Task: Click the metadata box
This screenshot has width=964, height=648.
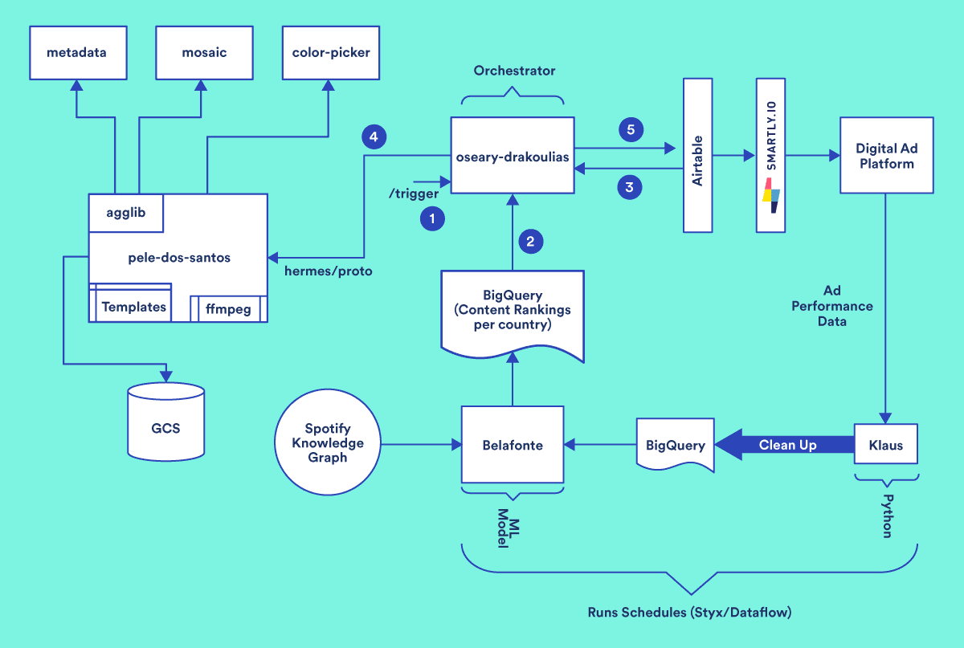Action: pyautogui.click(x=76, y=52)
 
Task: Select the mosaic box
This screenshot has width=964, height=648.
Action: pyautogui.click(x=203, y=52)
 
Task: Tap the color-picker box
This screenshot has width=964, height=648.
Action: pyautogui.click(x=330, y=52)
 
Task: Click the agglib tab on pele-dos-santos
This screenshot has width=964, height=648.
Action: pyautogui.click(x=126, y=213)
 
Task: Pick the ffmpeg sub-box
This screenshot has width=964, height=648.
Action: pyautogui.click(x=227, y=308)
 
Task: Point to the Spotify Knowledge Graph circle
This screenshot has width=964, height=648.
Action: pyautogui.click(x=328, y=443)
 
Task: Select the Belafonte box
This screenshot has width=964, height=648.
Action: pyautogui.click(x=512, y=445)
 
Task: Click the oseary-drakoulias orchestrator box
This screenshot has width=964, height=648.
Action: pyautogui.click(x=512, y=156)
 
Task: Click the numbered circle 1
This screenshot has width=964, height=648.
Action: pyautogui.click(x=432, y=218)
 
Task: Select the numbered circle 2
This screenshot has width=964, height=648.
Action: pyautogui.click(x=530, y=239)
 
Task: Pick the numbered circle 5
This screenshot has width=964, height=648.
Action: pyautogui.click(x=630, y=128)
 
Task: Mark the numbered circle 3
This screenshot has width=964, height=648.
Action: pyautogui.click(x=630, y=188)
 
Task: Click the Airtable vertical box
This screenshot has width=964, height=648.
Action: pyautogui.click(x=697, y=154)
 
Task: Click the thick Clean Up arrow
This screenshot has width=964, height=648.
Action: pyautogui.click(x=783, y=445)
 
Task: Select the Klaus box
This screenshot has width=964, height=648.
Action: pyautogui.click(x=885, y=445)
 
